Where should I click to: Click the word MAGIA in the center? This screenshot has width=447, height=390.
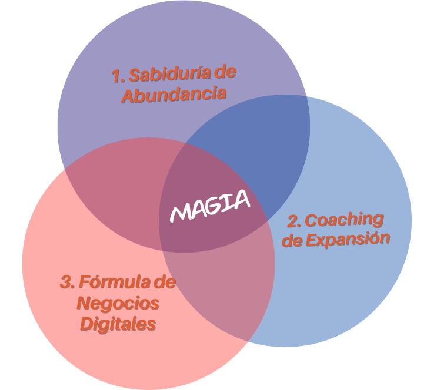tap(210, 206)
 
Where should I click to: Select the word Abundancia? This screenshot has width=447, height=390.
tap(174, 94)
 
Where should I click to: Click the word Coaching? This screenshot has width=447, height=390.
tap(344, 220)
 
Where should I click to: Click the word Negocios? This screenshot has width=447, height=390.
tap(118, 303)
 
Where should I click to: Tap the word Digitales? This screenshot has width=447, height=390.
tap(118, 324)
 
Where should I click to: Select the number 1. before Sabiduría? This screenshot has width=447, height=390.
tap(118, 76)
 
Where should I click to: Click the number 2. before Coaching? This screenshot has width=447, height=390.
tap(294, 221)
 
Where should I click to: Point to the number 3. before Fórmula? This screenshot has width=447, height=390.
tap(68, 282)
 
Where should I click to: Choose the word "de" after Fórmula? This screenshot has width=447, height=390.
tap(164, 282)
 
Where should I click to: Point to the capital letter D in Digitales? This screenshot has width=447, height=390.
tap(86, 324)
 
